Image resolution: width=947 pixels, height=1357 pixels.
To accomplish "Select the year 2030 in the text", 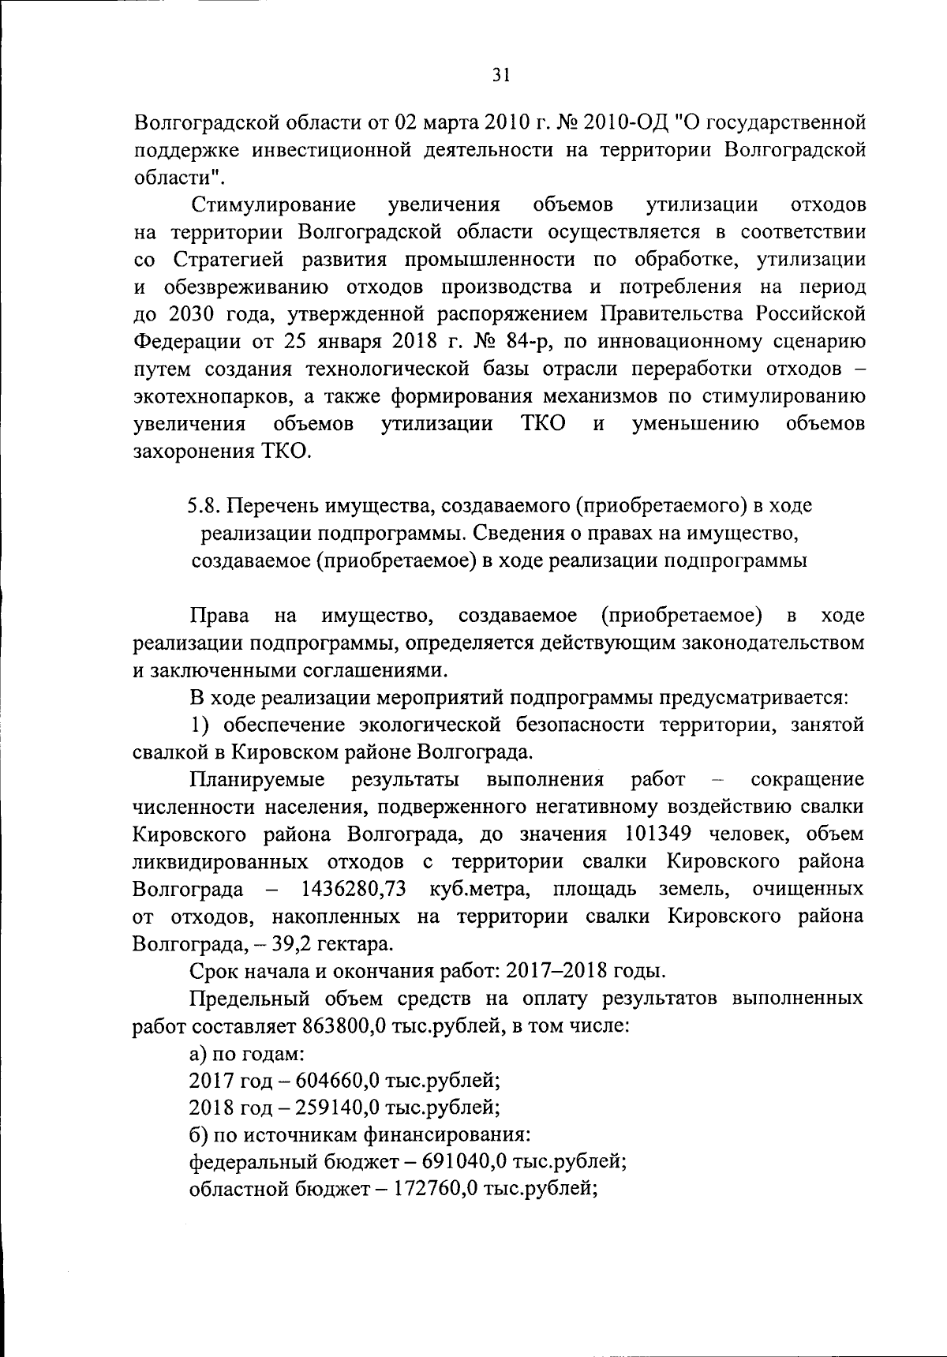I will [x=192, y=314].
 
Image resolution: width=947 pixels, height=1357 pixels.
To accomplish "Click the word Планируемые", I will [x=257, y=780].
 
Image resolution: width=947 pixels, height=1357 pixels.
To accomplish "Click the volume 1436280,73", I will [x=354, y=889].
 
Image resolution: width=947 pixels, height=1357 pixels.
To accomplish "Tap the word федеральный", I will [x=251, y=1163].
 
